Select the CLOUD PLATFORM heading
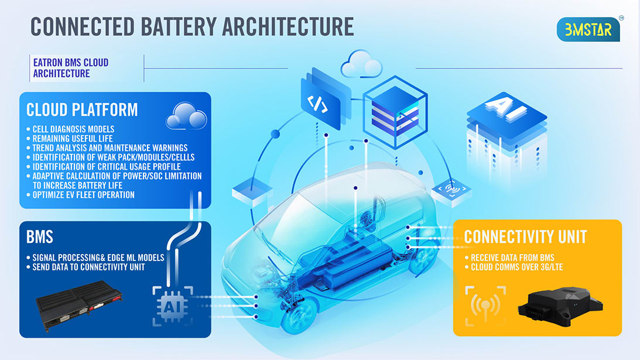(x=82, y=109)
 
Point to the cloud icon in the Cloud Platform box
(x=186, y=116)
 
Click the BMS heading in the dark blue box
(x=40, y=236)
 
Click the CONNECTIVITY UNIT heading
(x=525, y=236)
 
